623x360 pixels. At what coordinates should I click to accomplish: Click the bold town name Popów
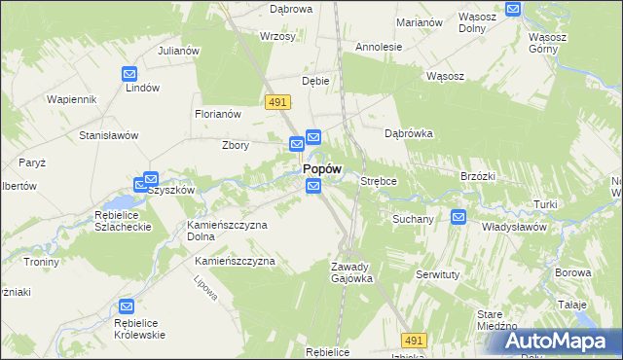(x=321, y=168)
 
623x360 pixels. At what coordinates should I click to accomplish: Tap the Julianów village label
(x=179, y=51)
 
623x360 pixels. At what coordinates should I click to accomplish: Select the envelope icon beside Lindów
(x=129, y=73)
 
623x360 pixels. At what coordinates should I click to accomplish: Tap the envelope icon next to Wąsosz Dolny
(x=513, y=9)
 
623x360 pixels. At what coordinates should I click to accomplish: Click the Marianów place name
(x=421, y=21)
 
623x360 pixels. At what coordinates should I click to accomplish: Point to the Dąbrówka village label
(x=408, y=133)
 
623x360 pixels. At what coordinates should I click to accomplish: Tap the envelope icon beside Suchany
(x=458, y=217)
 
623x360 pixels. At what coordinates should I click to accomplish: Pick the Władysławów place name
(x=515, y=227)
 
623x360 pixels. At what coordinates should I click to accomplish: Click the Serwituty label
(x=437, y=275)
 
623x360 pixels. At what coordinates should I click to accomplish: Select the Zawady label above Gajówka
(x=349, y=267)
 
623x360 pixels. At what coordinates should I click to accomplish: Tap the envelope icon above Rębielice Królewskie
(x=126, y=307)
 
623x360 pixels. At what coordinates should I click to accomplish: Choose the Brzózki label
(x=478, y=176)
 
